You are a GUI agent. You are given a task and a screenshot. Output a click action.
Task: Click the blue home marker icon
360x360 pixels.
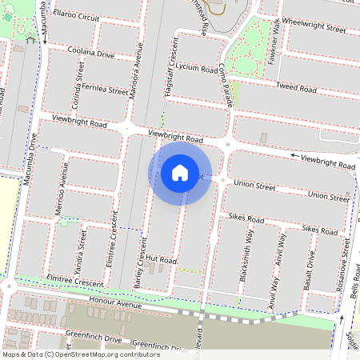pos(180,172)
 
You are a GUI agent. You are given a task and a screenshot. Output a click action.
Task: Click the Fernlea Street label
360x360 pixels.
pos(103,90)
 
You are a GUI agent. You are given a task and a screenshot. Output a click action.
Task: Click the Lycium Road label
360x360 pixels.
pos(197,69)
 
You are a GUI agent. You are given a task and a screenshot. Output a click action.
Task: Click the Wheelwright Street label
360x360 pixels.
pos(314,27)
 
